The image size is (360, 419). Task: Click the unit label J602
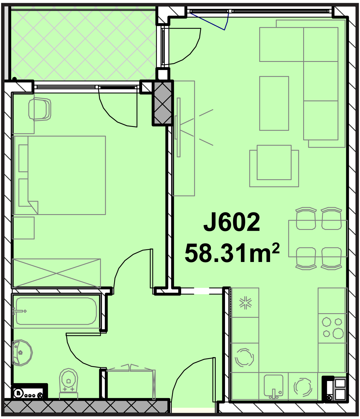pyautogui.click(x=231, y=222)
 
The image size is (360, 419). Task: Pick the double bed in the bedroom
pyautogui.click(x=59, y=175)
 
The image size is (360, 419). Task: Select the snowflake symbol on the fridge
pyautogui.click(x=245, y=303)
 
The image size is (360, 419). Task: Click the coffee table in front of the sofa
pyautogui.click(x=274, y=103)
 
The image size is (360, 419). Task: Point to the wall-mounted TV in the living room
pyautogui.click(x=178, y=127)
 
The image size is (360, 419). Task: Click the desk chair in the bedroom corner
pyautogui.click(x=39, y=109)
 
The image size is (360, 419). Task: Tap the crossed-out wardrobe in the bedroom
pyautogui.click(x=56, y=273)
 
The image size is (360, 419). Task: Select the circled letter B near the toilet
pyautogui.click(x=19, y=393)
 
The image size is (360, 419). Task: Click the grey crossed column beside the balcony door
pyautogui.click(x=163, y=103)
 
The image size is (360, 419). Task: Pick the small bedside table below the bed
pyautogui.click(x=23, y=228)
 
